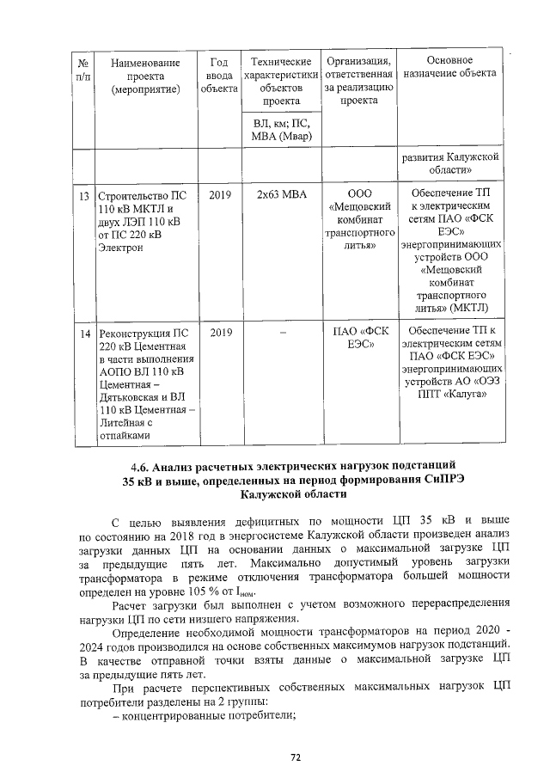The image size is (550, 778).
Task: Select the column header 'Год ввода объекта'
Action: (219, 75)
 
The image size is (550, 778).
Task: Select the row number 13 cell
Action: (84, 194)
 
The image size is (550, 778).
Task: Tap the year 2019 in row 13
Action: (220, 194)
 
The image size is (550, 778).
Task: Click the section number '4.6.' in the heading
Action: (135, 466)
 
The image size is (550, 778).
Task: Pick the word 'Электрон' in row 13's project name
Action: (122, 248)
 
